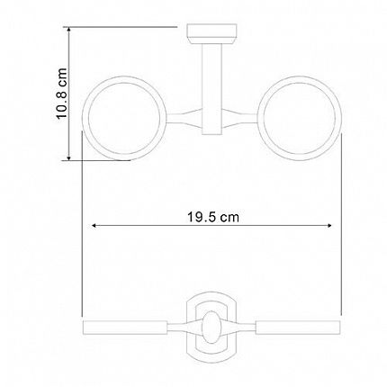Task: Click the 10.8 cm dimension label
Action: tap(61, 94)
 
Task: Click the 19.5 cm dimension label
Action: tap(213, 217)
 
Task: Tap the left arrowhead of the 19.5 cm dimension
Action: tap(94, 225)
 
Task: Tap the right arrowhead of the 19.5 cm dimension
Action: tap(329, 225)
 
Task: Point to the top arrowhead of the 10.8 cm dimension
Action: tap(68, 29)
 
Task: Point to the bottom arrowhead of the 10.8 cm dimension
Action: tap(68, 157)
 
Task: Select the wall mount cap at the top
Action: tap(211, 34)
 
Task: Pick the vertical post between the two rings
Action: tap(211, 89)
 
